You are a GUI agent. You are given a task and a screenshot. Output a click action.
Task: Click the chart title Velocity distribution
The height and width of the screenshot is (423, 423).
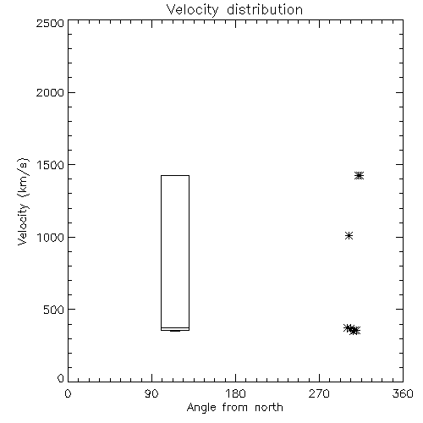point(234,9)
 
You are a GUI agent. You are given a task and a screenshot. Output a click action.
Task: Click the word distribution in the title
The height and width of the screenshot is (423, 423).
point(265,9)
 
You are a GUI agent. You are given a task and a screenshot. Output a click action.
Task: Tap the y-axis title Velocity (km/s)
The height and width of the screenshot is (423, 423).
point(23,201)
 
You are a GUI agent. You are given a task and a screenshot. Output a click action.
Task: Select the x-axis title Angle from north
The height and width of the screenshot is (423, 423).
point(234,407)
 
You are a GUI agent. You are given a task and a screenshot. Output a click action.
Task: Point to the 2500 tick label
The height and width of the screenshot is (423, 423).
point(50,23)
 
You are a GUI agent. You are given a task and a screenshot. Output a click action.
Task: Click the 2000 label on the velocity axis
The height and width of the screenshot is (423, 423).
point(50,92)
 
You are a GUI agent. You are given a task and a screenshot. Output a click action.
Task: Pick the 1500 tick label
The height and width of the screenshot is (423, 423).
point(51,165)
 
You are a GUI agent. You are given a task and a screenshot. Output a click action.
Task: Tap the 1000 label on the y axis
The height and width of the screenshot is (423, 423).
point(51,237)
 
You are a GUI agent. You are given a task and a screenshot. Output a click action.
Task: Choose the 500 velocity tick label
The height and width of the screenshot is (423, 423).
point(53,310)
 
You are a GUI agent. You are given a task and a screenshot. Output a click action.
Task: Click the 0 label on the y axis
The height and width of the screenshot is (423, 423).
point(61,378)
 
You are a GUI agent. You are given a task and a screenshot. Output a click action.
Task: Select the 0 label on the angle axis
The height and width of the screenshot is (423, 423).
point(68,393)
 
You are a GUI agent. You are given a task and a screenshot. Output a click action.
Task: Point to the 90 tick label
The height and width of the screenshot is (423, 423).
point(151,393)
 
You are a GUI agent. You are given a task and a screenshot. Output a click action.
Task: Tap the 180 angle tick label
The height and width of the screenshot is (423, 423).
point(235,393)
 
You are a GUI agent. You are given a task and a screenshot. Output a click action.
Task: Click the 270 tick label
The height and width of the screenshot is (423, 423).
point(319,393)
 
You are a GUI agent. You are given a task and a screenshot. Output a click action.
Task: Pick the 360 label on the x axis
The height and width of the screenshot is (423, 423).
point(403,393)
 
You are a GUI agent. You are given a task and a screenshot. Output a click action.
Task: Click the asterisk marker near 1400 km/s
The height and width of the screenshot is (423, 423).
point(359,176)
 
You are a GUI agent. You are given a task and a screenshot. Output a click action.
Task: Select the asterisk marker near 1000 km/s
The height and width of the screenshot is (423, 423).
point(349,235)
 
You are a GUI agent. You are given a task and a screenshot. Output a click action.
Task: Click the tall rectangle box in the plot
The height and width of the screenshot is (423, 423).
point(161,253)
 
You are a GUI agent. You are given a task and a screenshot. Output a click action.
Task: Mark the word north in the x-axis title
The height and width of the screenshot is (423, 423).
point(269,407)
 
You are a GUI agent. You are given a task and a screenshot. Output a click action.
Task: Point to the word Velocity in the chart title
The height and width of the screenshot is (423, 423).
point(192,10)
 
